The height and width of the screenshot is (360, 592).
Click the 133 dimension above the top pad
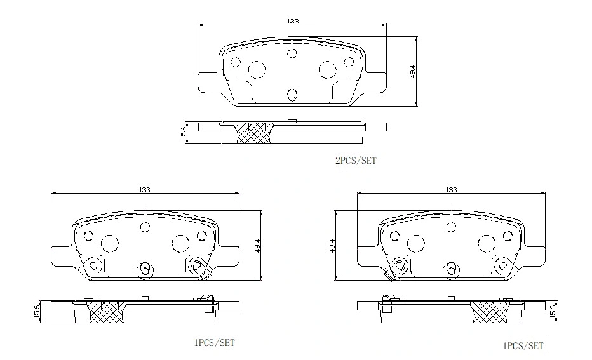(x=292, y=21)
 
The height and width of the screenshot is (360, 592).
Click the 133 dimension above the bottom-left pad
(x=145, y=190)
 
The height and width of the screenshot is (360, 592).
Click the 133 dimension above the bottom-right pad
(x=451, y=190)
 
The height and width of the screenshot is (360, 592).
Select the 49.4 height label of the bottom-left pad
(x=257, y=246)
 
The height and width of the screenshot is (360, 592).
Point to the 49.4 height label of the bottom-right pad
(x=332, y=246)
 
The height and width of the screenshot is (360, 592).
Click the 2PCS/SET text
(x=356, y=161)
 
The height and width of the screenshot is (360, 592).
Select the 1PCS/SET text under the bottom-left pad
(x=214, y=343)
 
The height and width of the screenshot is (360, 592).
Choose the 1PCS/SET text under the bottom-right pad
(x=523, y=346)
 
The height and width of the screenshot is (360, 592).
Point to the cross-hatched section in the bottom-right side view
(x=489, y=310)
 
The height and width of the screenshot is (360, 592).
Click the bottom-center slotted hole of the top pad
(x=292, y=95)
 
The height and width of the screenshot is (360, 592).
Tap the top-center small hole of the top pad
(x=292, y=53)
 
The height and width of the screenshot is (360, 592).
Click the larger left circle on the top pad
(x=257, y=69)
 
